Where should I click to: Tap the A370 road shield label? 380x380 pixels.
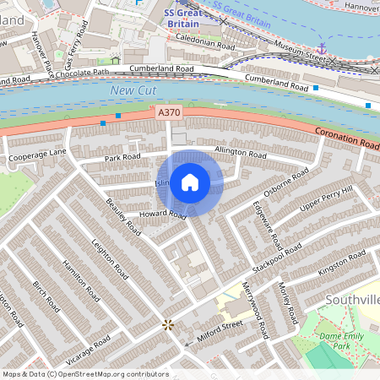[x=168, y=111]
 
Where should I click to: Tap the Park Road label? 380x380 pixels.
[x=122, y=158]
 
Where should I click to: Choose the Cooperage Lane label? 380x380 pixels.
[x=37, y=155]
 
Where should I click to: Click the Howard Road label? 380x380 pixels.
[x=163, y=215]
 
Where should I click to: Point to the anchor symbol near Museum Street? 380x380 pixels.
[x=321, y=49]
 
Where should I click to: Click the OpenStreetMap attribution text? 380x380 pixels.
[x=84, y=374]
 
